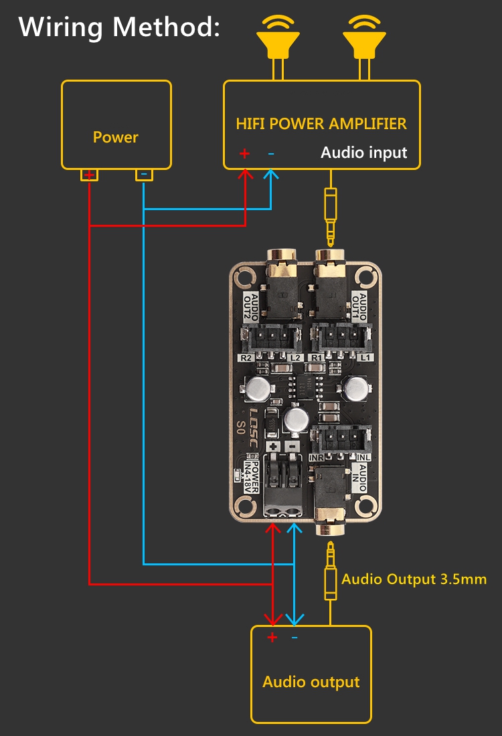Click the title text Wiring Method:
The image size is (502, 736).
pyautogui.click(x=119, y=27)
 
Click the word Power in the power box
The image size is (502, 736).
pyautogui.click(x=116, y=138)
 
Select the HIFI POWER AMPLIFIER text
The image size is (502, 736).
pyautogui.click(x=321, y=124)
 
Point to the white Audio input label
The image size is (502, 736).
pyautogui.click(x=363, y=153)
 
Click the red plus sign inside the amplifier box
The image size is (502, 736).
pyautogui.click(x=244, y=154)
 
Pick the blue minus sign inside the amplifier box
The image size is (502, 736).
pyautogui.click(x=271, y=154)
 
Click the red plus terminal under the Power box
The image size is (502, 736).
pyautogui.click(x=89, y=175)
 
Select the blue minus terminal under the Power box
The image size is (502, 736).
pyautogui.click(x=143, y=175)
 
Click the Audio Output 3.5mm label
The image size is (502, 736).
pyautogui.click(x=414, y=579)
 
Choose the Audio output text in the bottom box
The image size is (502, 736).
pyautogui.click(x=311, y=682)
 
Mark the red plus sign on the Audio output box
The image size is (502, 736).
pyautogui.click(x=272, y=638)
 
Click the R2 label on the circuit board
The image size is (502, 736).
pyautogui.click(x=246, y=359)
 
